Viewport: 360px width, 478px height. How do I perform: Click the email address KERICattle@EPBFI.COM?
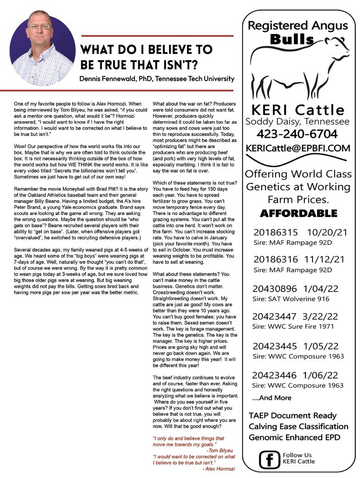pos(298,148)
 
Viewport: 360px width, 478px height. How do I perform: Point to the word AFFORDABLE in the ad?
pos(298,213)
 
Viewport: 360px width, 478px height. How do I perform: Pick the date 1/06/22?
pos(324,375)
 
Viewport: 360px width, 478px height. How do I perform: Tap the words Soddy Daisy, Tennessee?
pos(297,122)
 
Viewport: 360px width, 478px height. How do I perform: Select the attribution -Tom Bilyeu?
pos(221,450)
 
